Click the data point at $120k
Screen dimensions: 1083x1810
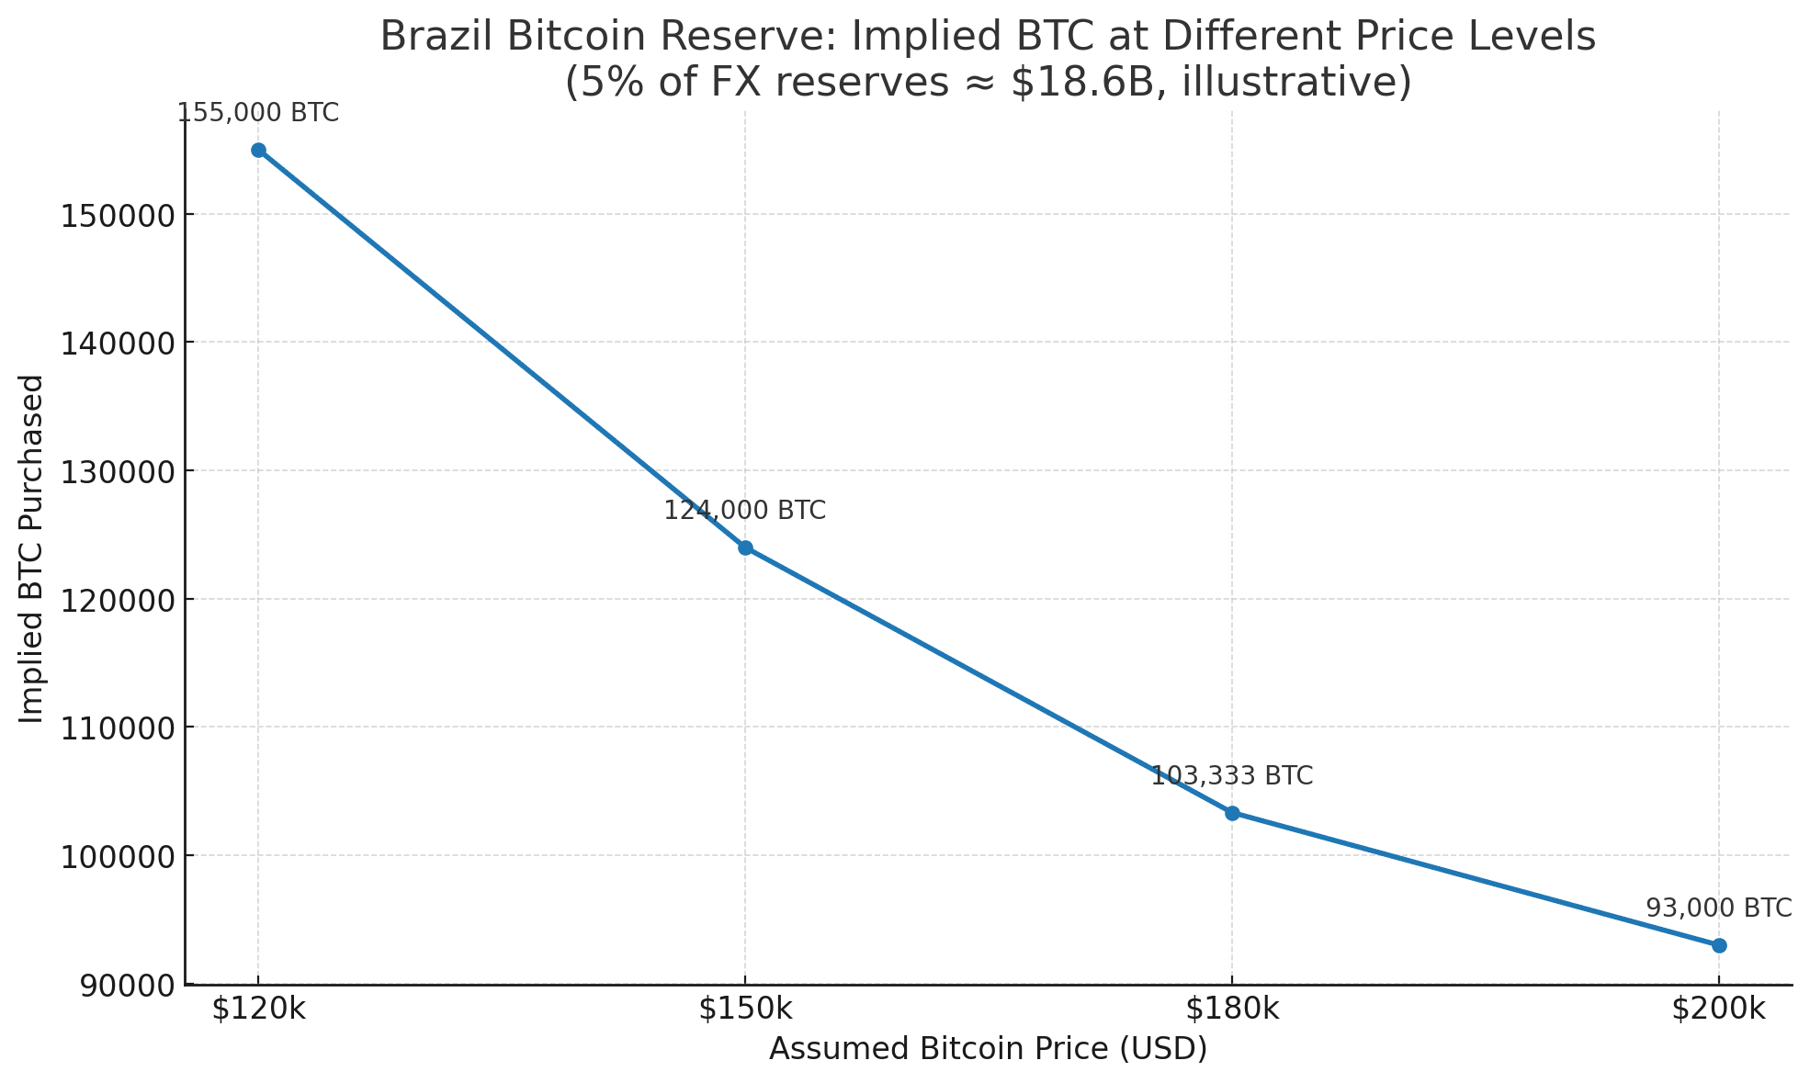[x=258, y=150]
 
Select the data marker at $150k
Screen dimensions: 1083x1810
[x=745, y=547]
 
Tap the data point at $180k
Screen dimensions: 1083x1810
[x=1232, y=813]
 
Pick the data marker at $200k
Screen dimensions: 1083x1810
[x=1719, y=945]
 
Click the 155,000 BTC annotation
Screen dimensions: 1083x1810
[x=258, y=113]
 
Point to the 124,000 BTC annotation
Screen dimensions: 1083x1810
[x=745, y=511]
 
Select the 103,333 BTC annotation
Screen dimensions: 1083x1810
[x=1232, y=776]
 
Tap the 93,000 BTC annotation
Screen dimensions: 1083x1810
[x=1718, y=908]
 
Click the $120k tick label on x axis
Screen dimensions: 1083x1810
[x=258, y=1009]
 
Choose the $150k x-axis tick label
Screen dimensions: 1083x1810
[x=745, y=1009]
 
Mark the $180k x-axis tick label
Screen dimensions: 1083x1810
[x=1232, y=1009]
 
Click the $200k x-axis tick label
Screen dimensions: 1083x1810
[x=1718, y=1009]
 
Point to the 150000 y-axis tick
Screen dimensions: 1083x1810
[x=117, y=215]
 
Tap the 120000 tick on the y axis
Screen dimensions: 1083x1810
[x=117, y=600]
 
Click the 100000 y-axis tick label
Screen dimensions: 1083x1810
[x=117, y=856]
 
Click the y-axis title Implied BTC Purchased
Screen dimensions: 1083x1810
[x=32, y=548]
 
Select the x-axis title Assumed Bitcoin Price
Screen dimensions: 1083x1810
[x=988, y=1049]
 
